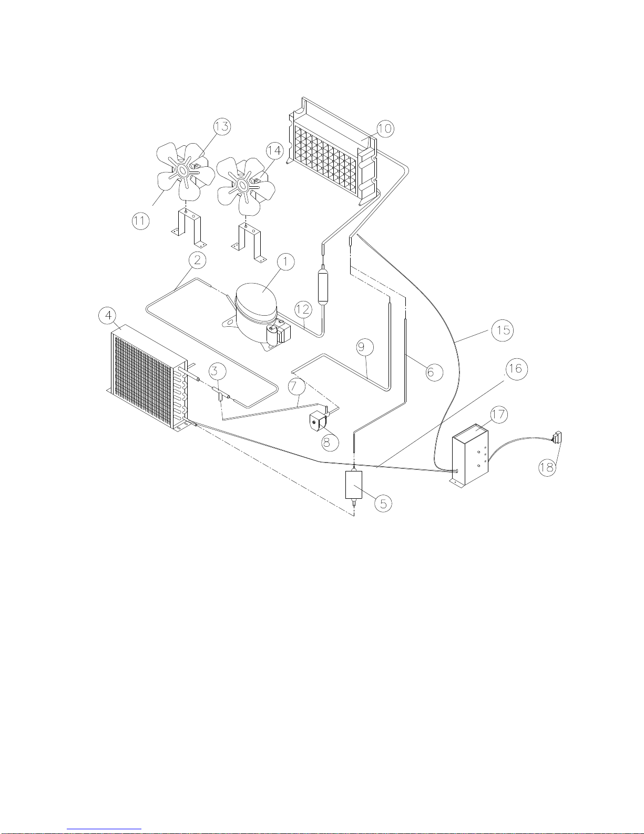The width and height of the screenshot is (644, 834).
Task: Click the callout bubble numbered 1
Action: tap(285, 262)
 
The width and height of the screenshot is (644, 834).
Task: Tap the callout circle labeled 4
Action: tap(108, 315)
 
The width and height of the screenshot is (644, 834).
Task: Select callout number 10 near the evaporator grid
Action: tap(385, 128)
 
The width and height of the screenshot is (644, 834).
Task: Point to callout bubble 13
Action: tap(222, 126)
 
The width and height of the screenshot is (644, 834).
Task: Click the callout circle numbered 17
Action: tap(498, 415)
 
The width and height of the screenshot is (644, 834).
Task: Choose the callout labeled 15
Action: tap(503, 330)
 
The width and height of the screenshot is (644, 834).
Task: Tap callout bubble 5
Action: tap(383, 503)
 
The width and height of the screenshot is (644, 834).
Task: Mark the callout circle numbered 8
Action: tap(327, 442)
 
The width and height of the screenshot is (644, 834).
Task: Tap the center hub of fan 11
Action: tap(183, 170)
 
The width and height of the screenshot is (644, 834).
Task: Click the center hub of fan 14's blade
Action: tap(243, 185)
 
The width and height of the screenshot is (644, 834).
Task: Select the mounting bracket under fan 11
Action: tap(188, 227)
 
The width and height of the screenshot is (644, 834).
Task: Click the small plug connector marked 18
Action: tap(557, 436)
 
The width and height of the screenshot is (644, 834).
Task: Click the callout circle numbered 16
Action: tap(515, 368)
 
